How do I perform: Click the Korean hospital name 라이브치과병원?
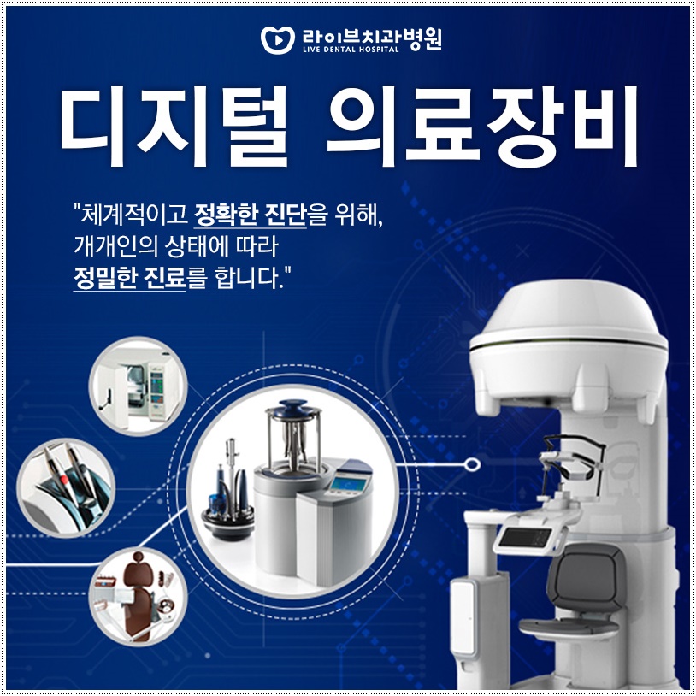click(372, 36)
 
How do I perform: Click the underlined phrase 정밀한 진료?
click(130, 279)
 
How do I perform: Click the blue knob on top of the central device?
click(294, 408)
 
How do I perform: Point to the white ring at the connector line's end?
click(470, 465)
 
